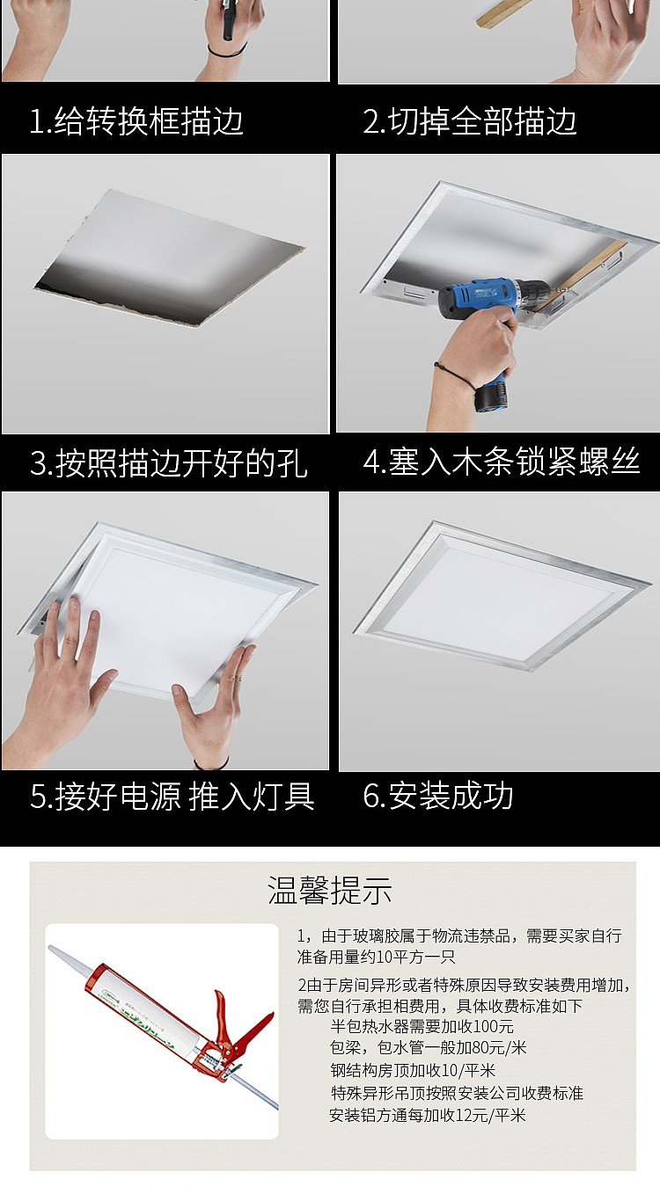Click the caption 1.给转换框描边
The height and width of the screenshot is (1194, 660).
[x=136, y=121]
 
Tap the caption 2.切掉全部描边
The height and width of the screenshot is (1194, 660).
[x=470, y=121]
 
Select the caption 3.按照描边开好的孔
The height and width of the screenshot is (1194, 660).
[x=169, y=462]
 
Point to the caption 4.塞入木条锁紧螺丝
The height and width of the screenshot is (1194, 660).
[x=502, y=462]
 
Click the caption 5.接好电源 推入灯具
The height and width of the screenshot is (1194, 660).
[x=172, y=797]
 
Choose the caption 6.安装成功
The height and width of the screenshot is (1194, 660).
[x=438, y=797]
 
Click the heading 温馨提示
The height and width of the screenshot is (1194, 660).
[x=329, y=890]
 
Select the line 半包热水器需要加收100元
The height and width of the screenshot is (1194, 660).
[x=422, y=1027]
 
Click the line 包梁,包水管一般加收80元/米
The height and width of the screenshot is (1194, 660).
[x=429, y=1048]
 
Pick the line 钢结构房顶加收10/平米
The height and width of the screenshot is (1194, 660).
[x=413, y=1070]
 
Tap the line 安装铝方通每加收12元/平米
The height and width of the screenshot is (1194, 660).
[x=427, y=1115]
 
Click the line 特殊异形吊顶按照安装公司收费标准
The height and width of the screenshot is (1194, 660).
[x=457, y=1093]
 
